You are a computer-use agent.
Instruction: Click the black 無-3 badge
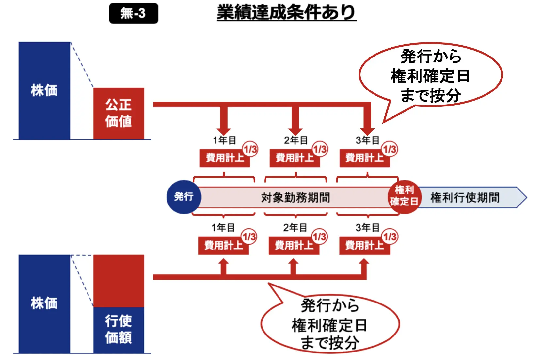134,13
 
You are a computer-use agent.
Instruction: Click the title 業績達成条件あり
286,13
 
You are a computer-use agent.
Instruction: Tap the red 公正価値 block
119,113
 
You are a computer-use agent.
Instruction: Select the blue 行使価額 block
119,330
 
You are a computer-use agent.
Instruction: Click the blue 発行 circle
184,197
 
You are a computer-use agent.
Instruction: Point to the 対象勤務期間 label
295,197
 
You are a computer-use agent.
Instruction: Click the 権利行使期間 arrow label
465,197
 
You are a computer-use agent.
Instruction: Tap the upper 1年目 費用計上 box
224,158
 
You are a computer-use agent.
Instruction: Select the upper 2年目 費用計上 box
294,158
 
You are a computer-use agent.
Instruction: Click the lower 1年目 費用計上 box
223,246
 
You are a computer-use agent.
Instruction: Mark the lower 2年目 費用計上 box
294,246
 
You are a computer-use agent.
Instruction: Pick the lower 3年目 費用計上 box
364,246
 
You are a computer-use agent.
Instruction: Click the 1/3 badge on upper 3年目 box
390,149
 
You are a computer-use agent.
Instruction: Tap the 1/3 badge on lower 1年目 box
249,237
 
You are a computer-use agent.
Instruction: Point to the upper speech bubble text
430,76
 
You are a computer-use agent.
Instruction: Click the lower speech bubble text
330,324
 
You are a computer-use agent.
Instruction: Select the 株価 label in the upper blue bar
44,90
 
